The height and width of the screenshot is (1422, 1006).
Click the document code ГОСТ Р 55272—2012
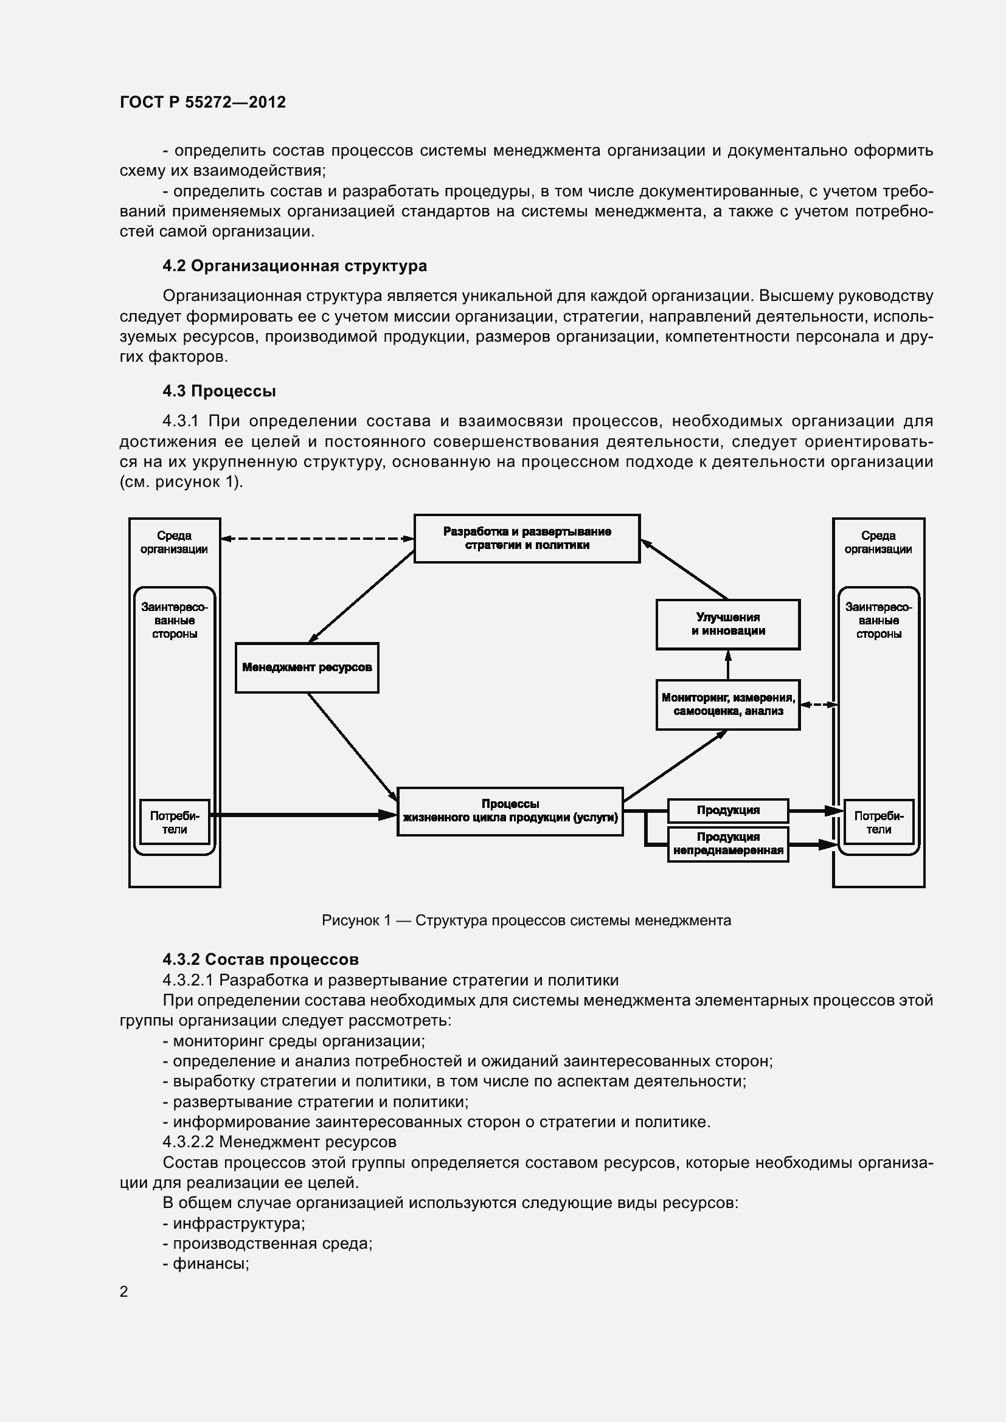pos(203,102)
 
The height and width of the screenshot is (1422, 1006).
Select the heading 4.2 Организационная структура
pos(294,266)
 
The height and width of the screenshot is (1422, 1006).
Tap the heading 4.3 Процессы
pos(219,391)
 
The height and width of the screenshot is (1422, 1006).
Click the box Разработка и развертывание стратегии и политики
pos(527,538)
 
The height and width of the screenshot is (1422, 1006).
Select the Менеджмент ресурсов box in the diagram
pos(307,668)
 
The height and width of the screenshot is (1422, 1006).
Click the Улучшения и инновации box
pos(728,624)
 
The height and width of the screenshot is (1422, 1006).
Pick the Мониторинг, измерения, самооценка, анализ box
pos(728,705)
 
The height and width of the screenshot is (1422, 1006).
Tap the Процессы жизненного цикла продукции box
pos(510,812)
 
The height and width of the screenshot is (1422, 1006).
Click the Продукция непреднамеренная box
pos(728,844)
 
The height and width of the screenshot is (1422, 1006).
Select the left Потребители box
pos(175,823)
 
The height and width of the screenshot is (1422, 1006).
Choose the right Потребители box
pos(878,823)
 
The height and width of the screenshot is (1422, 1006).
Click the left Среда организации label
pos(174,542)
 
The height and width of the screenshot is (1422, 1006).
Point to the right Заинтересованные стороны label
pos(878,621)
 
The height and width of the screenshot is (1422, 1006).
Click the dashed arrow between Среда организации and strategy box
pos(317,539)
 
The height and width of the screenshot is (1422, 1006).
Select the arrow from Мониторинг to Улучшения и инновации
pos(728,664)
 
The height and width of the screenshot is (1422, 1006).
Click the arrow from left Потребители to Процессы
pos(304,815)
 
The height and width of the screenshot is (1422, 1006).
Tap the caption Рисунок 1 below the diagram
pos(526,920)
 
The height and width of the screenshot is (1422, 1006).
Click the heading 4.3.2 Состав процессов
pos(260,959)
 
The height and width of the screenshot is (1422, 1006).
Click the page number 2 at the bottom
pos(124,1291)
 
